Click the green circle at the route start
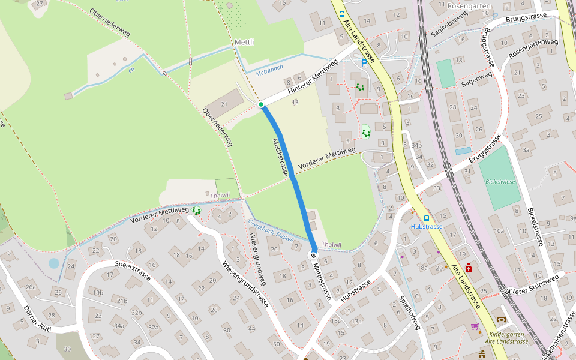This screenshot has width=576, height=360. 261,105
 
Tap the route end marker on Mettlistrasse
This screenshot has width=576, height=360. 313,256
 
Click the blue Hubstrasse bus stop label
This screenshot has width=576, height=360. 427,227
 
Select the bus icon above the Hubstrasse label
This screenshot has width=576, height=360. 427,218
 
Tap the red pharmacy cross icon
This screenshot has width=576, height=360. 468,268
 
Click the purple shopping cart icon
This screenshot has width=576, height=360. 475,326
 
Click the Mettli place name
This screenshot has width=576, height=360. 244,43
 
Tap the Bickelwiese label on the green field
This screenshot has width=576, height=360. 500,181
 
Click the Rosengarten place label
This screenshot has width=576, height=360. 469,6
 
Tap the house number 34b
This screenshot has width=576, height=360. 416,145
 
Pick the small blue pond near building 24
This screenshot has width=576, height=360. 54,263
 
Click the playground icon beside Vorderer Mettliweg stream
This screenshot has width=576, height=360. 196,211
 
